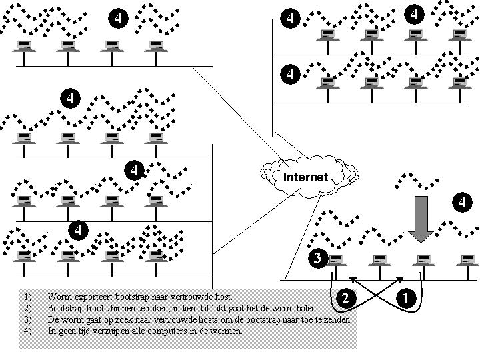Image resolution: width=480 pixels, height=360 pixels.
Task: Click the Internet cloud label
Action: [x=305, y=177]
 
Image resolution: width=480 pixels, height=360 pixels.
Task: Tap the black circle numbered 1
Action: [x=405, y=298]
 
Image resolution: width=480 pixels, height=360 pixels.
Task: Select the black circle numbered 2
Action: [x=345, y=298]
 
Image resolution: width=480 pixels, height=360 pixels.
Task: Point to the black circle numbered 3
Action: [x=318, y=258]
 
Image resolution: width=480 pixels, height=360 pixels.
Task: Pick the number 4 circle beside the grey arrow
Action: [x=461, y=201]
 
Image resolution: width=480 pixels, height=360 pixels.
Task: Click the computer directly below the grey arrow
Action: [x=421, y=261]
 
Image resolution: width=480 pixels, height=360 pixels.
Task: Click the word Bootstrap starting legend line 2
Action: [x=64, y=308]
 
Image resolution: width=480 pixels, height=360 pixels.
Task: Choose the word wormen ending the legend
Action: [x=227, y=331]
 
